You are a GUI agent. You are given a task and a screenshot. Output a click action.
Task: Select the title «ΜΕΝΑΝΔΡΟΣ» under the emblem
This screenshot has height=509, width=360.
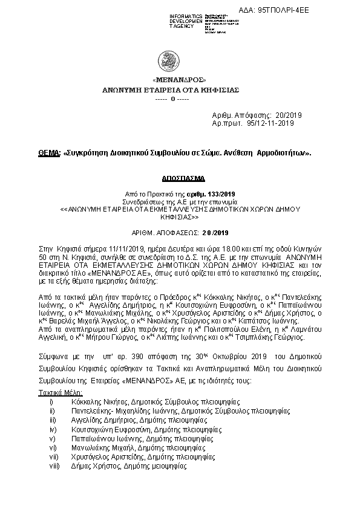tap(180, 79)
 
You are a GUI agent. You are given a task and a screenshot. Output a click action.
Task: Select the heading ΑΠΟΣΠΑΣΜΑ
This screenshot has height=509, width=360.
tap(180, 180)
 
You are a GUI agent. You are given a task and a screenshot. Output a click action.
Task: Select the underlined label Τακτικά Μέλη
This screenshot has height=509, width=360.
tap(56, 392)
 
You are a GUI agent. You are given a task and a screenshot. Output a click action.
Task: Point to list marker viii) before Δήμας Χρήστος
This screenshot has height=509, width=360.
tap(54, 467)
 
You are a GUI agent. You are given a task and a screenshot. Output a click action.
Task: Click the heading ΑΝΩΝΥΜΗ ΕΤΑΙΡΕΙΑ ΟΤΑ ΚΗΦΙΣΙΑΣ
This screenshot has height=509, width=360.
tap(180, 89)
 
